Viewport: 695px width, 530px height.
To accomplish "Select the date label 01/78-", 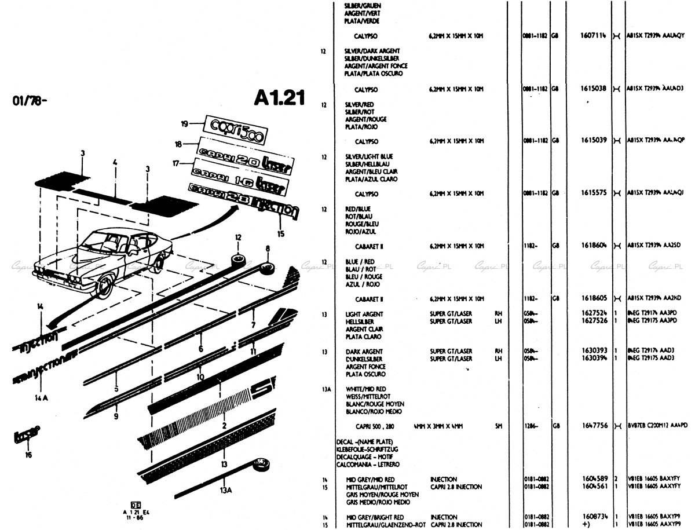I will pyautogui.click(x=29, y=102).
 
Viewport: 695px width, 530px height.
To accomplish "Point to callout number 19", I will pyautogui.click(x=184, y=123).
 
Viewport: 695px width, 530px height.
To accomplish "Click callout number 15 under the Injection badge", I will pyautogui.click(x=281, y=234).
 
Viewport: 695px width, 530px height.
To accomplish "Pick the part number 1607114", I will pyautogui.click(x=592, y=36).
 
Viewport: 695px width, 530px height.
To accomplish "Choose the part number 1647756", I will pyautogui.click(x=593, y=426).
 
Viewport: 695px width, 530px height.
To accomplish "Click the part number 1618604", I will pyautogui.click(x=593, y=246).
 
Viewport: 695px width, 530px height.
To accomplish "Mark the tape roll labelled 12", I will pyautogui.click(x=237, y=258).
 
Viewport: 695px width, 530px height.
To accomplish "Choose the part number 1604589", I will pyautogui.click(x=593, y=479).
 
